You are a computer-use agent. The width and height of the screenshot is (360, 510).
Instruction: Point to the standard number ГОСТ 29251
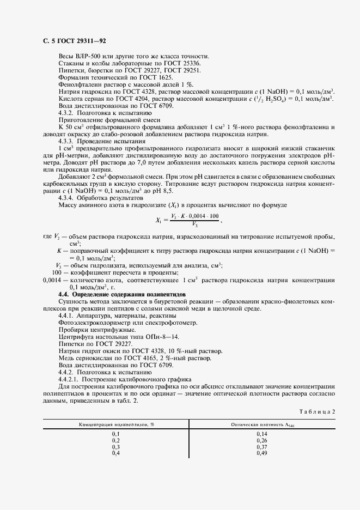tap(184, 71)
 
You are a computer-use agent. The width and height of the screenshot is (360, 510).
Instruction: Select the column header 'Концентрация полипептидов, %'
tap(116, 424)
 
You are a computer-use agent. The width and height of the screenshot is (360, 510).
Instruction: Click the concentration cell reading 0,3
tap(116, 447)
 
